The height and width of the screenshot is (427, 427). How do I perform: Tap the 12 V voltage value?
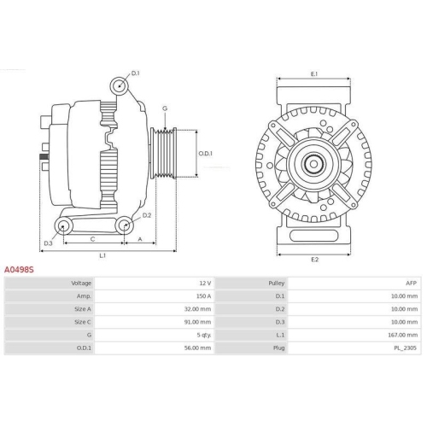coord(204,283)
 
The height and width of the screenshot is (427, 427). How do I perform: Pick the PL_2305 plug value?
coord(407,348)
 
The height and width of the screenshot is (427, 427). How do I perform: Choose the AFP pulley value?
coord(412,283)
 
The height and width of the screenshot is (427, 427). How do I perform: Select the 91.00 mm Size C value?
coord(198,322)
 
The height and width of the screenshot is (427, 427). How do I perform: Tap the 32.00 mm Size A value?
coord(198,309)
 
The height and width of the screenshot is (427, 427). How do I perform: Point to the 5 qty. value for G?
coord(202,335)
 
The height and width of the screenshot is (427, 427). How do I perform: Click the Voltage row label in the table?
coord(81,283)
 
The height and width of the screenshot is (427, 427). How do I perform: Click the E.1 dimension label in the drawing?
coord(313,74)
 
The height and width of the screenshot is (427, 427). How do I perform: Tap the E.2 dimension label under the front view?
coord(313,258)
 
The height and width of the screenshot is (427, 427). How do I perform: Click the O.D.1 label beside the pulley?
coord(205,154)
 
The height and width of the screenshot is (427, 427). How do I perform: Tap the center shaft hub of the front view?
coord(313,164)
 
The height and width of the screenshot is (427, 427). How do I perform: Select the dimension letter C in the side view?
coord(91,240)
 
